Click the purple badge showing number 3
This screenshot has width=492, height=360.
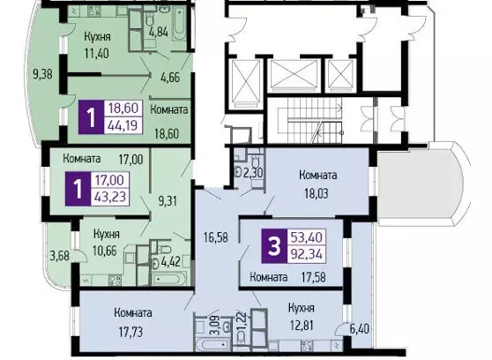click(x=274, y=246)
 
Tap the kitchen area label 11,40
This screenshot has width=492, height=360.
click(x=97, y=53)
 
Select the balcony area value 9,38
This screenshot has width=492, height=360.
click(x=42, y=74)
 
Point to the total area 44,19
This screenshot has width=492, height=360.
click(x=123, y=125)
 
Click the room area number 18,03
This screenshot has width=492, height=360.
click(x=317, y=193)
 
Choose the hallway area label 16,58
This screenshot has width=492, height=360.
click(x=216, y=237)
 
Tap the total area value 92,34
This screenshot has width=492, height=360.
click(x=307, y=254)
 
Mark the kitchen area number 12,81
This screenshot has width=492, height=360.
click(x=301, y=325)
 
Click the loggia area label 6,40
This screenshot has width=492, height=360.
click(x=360, y=329)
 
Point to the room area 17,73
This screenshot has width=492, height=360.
click(x=130, y=332)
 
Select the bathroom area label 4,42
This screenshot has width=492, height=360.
click(x=171, y=261)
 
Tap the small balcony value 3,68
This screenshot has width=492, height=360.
click(x=60, y=255)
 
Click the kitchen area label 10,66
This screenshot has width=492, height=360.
click(x=105, y=251)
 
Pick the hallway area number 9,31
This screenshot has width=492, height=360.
click(x=168, y=200)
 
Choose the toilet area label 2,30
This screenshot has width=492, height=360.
click(x=253, y=172)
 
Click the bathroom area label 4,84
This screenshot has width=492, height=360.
click(x=159, y=32)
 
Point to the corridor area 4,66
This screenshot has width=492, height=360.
click(x=170, y=77)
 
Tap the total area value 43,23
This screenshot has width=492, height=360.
click(x=110, y=197)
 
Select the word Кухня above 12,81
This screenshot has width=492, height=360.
click(x=302, y=308)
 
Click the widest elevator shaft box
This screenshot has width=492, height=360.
click(x=294, y=75)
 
